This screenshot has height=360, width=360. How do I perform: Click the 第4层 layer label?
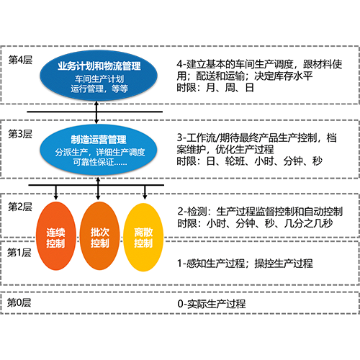tap(20, 60)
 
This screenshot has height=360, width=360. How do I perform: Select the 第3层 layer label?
tap(20, 134)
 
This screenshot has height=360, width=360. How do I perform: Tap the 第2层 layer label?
tap(20, 207)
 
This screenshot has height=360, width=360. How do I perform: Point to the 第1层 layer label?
tap(19, 253)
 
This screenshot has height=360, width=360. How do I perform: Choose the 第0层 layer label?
tap(19, 302)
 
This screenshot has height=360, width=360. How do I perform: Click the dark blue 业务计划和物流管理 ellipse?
tap(99, 76)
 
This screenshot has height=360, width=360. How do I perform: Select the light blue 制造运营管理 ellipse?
tap(99, 149)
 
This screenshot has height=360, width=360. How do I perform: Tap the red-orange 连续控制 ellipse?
tap(56, 236)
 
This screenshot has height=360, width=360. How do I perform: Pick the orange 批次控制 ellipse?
tap(99, 236)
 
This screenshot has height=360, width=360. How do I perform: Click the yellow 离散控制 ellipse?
tap(143, 237)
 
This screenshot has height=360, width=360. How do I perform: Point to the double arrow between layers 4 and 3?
tap(96, 112)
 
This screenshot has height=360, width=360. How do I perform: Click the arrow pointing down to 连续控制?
tap(56, 192)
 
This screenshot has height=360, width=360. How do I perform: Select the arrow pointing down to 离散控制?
tap(145, 192)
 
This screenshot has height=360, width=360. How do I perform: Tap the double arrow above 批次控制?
tap(98, 189)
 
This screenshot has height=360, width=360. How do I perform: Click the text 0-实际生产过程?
tap(212, 304)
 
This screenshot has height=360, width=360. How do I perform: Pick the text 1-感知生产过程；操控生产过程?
tap(245, 264)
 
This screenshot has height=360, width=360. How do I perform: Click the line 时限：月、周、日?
tap(215, 88)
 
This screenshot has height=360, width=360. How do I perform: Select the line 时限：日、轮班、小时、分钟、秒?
tap(250, 161)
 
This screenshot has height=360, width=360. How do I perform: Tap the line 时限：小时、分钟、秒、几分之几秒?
tap(255, 223)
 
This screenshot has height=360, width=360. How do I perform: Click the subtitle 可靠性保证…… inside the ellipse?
tap(100, 162)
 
